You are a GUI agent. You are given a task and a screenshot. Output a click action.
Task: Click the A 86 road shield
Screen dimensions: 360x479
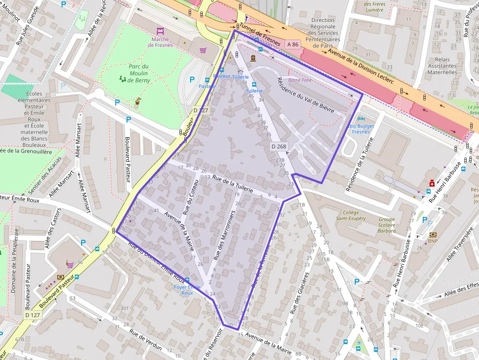[293, 44]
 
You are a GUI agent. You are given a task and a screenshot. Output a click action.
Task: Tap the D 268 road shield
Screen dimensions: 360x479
[279, 146]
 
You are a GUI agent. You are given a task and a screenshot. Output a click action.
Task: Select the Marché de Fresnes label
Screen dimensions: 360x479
[160, 42]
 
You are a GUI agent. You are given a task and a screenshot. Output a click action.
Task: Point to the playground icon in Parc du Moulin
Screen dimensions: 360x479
[122, 78]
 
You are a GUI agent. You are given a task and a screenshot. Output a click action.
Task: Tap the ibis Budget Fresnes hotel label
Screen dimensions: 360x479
[361, 129]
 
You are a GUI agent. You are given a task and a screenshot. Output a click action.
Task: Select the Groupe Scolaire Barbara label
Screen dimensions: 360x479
[387, 225]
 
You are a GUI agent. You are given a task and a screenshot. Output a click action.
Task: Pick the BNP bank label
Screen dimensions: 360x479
[433, 241]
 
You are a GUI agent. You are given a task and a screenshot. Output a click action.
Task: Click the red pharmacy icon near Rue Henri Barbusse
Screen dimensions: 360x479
[432, 183]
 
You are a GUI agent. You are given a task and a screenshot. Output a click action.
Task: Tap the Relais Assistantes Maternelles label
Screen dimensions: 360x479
[442, 66]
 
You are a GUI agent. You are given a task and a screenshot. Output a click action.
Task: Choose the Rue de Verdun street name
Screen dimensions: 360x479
[146, 339]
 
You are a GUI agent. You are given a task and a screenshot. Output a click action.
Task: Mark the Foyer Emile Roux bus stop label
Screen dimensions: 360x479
[187, 290]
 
